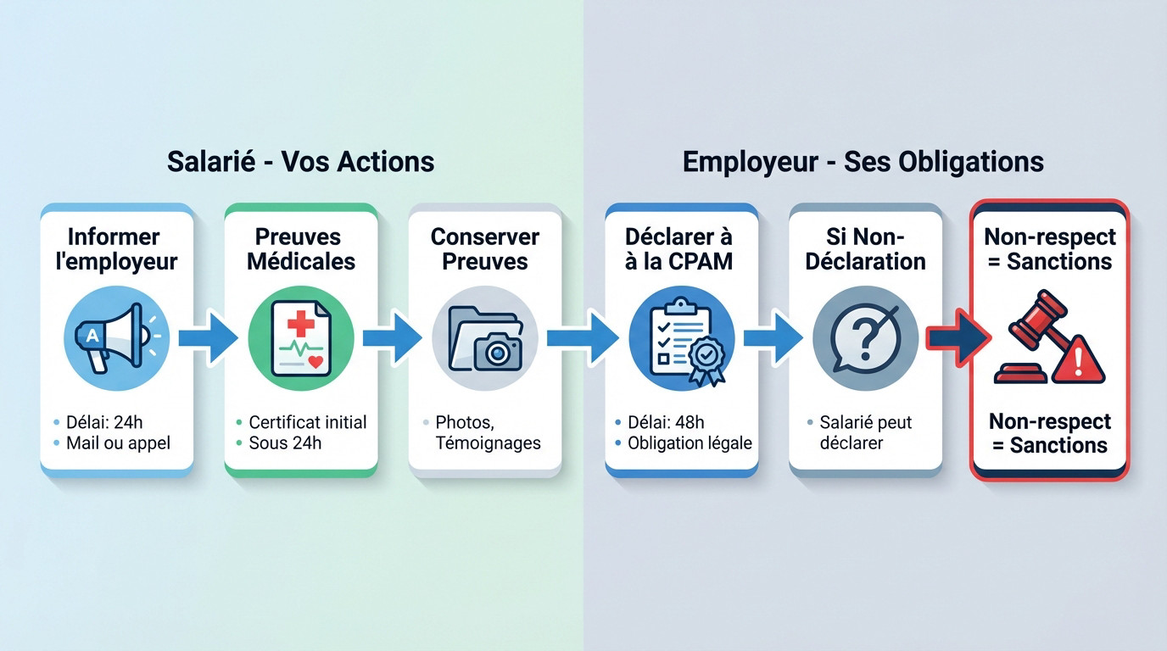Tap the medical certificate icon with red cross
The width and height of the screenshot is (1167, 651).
point(300,338)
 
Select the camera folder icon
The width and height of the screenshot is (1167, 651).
point(484,338)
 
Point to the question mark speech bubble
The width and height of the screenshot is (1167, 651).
point(864,338)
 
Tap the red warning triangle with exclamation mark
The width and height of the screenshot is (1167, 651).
point(1078,361)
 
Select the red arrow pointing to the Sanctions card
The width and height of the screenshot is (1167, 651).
point(957,337)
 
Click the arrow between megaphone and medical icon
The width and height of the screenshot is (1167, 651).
point(209,337)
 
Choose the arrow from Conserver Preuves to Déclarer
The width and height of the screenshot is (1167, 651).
point(583,337)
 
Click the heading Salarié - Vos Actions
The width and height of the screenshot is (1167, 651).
point(300,161)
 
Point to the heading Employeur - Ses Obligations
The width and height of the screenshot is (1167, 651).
point(863,161)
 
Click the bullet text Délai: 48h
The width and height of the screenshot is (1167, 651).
point(666,421)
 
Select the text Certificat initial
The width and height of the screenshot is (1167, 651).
point(307,421)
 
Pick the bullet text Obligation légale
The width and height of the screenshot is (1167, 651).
point(690,442)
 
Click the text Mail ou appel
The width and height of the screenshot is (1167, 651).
point(118,442)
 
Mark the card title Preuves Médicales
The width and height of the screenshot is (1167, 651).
point(300,248)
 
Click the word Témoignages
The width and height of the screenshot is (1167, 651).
point(488,442)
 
